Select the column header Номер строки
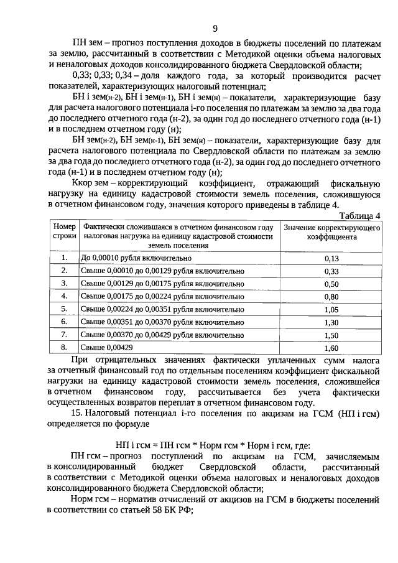click(x=64, y=232)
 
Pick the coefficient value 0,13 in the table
click(x=331, y=258)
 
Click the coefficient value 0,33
click(x=331, y=271)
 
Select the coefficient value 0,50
click(x=331, y=284)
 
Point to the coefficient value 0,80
click(x=331, y=297)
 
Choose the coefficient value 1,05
click(x=331, y=309)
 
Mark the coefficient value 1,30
click(x=331, y=322)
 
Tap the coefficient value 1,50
click(x=331, y=335)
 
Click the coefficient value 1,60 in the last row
click(x=331, y=348)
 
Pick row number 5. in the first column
click(x=64, y=309)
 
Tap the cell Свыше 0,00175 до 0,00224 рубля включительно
click(x=162, y=296)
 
